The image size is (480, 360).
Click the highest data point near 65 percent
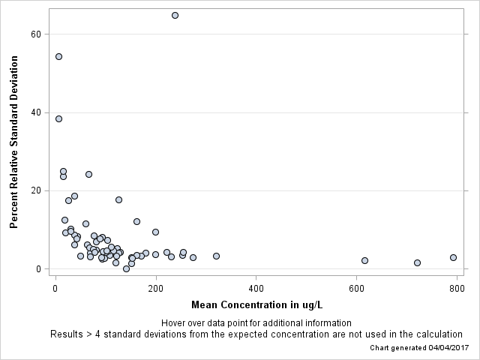(x=175, y=15)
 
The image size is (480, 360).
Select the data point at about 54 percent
(x=58, y=56)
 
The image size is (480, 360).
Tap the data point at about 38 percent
(x=58, y=118)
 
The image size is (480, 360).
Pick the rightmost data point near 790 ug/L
(x=453, y=257)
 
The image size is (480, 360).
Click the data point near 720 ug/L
(x=417, y=262)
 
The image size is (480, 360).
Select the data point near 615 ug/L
(x=364, y=260)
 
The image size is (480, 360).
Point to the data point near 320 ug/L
(x=216, y=256)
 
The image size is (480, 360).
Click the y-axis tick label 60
(x=34, y=34)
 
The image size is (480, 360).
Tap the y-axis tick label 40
(x=34, y=112)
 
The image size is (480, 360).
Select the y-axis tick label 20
(x=34, y=190)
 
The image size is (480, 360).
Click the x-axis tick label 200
(x=156, y=288)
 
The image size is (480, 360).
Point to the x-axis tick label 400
(x=256, y=288)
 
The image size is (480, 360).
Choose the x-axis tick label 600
(x=357, y=288)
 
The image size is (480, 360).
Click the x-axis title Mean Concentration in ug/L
(x=256, y=304)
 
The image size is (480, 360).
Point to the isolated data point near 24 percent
(x=88, y=174)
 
